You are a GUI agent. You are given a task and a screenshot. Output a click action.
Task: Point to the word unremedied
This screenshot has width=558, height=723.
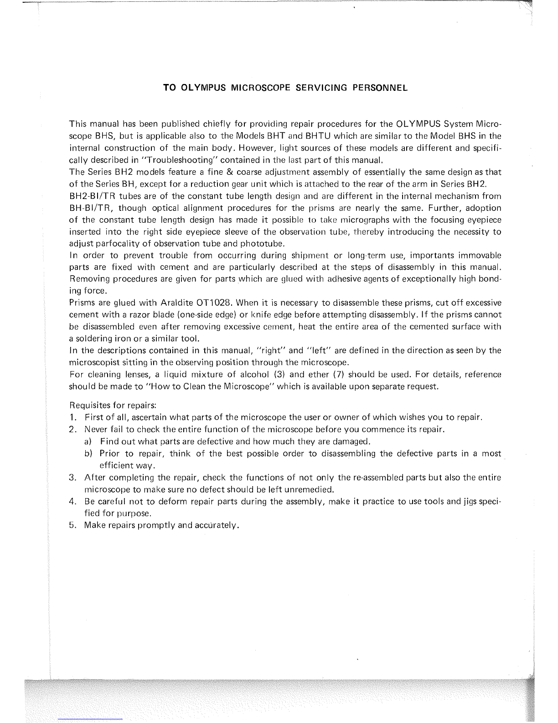pyautogui.click(x=311, y=490)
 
